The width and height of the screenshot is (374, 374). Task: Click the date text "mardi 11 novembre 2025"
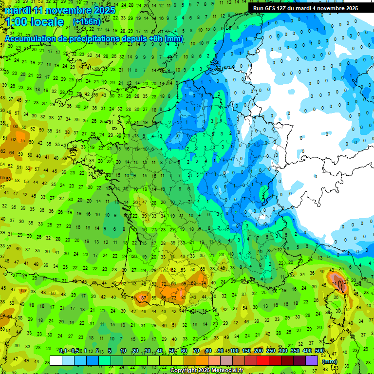(60, 10)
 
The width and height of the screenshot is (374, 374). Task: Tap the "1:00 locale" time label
(35, 22)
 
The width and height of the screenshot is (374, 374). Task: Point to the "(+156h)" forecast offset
(87, 22)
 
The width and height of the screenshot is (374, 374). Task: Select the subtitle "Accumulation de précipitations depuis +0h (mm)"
(93, 38)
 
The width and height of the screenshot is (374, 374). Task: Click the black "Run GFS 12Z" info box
(305, 8)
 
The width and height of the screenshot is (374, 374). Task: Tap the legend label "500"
(319, 351)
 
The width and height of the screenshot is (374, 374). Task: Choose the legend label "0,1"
(63, 351)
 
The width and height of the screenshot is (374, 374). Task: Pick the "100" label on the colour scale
(234, 351)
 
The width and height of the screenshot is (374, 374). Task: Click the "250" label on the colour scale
(271, 351)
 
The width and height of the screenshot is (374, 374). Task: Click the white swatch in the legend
(56, 360)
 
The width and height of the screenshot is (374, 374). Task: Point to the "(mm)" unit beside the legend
(330, 361)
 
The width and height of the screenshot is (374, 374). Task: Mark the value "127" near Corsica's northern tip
(345, 281)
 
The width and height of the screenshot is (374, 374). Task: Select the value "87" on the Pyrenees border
(143, 298)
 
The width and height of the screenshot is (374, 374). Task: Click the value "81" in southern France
(183, 298)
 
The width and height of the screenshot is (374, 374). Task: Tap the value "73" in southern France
(174, 298)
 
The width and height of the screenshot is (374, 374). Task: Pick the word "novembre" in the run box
(334, 8)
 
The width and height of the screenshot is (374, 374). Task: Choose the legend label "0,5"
(75, 351)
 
